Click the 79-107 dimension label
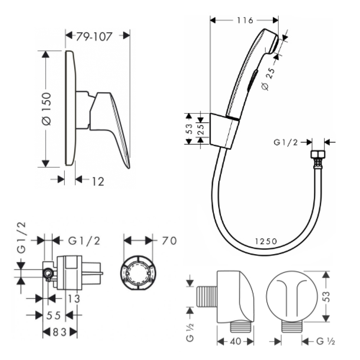pyautogui.click(x=94, y=36)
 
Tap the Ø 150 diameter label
pyautogui.click(x=46, y=109)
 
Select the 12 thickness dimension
pyautogui.click(x=98, y=181)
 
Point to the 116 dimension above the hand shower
pyautogui.click(x=245, y=21)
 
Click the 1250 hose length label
pyautogui.click(x=266, y=241)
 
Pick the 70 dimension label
pyautogui.click(x=169, y=241)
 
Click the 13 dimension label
pyautogui.click(x=74, y=299)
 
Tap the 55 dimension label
pyautogui.click(x=54, y=315)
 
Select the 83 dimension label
pyautogui.click(x=60, y=332)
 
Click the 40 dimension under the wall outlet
pyautogui.click(x=235, y=341)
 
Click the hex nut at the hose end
pyautogui.click(x=318, y=154)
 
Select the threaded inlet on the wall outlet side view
pyautogui.click(x=207, y=297)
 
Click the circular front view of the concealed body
pyautogui.click(x=138, y=273)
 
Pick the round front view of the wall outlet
pyautogui.click(x=292, y=296)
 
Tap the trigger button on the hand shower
pyautogui.click(x=252, y=81)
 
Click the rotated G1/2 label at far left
pyautogui.click(x=21, y=238)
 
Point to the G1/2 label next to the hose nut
pyautogui.click(x=285, y=142)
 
